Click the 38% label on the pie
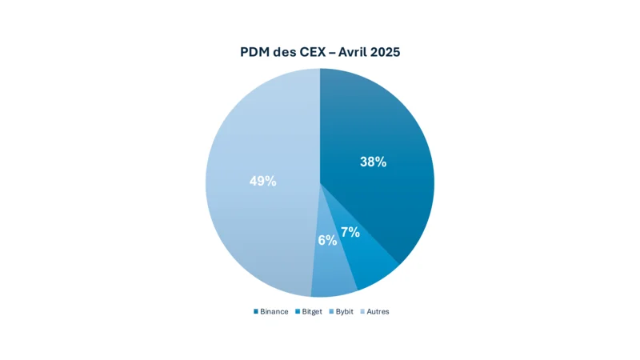click(x=373, y=162)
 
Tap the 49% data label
click(x=263, y=181)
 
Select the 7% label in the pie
click(x=350, y=233)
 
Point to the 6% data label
click(x=327, y=240)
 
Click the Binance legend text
click(x=274, y=311)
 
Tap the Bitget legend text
click(x=312, y=311)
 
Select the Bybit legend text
click(x=344, y=311)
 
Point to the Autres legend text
click(x=378, y=311)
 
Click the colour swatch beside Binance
click(x=256, y=311)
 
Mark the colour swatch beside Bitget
click(x=298, y=311)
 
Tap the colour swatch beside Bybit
click(x=331, y=311)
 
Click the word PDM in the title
click(x=256, y=52)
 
